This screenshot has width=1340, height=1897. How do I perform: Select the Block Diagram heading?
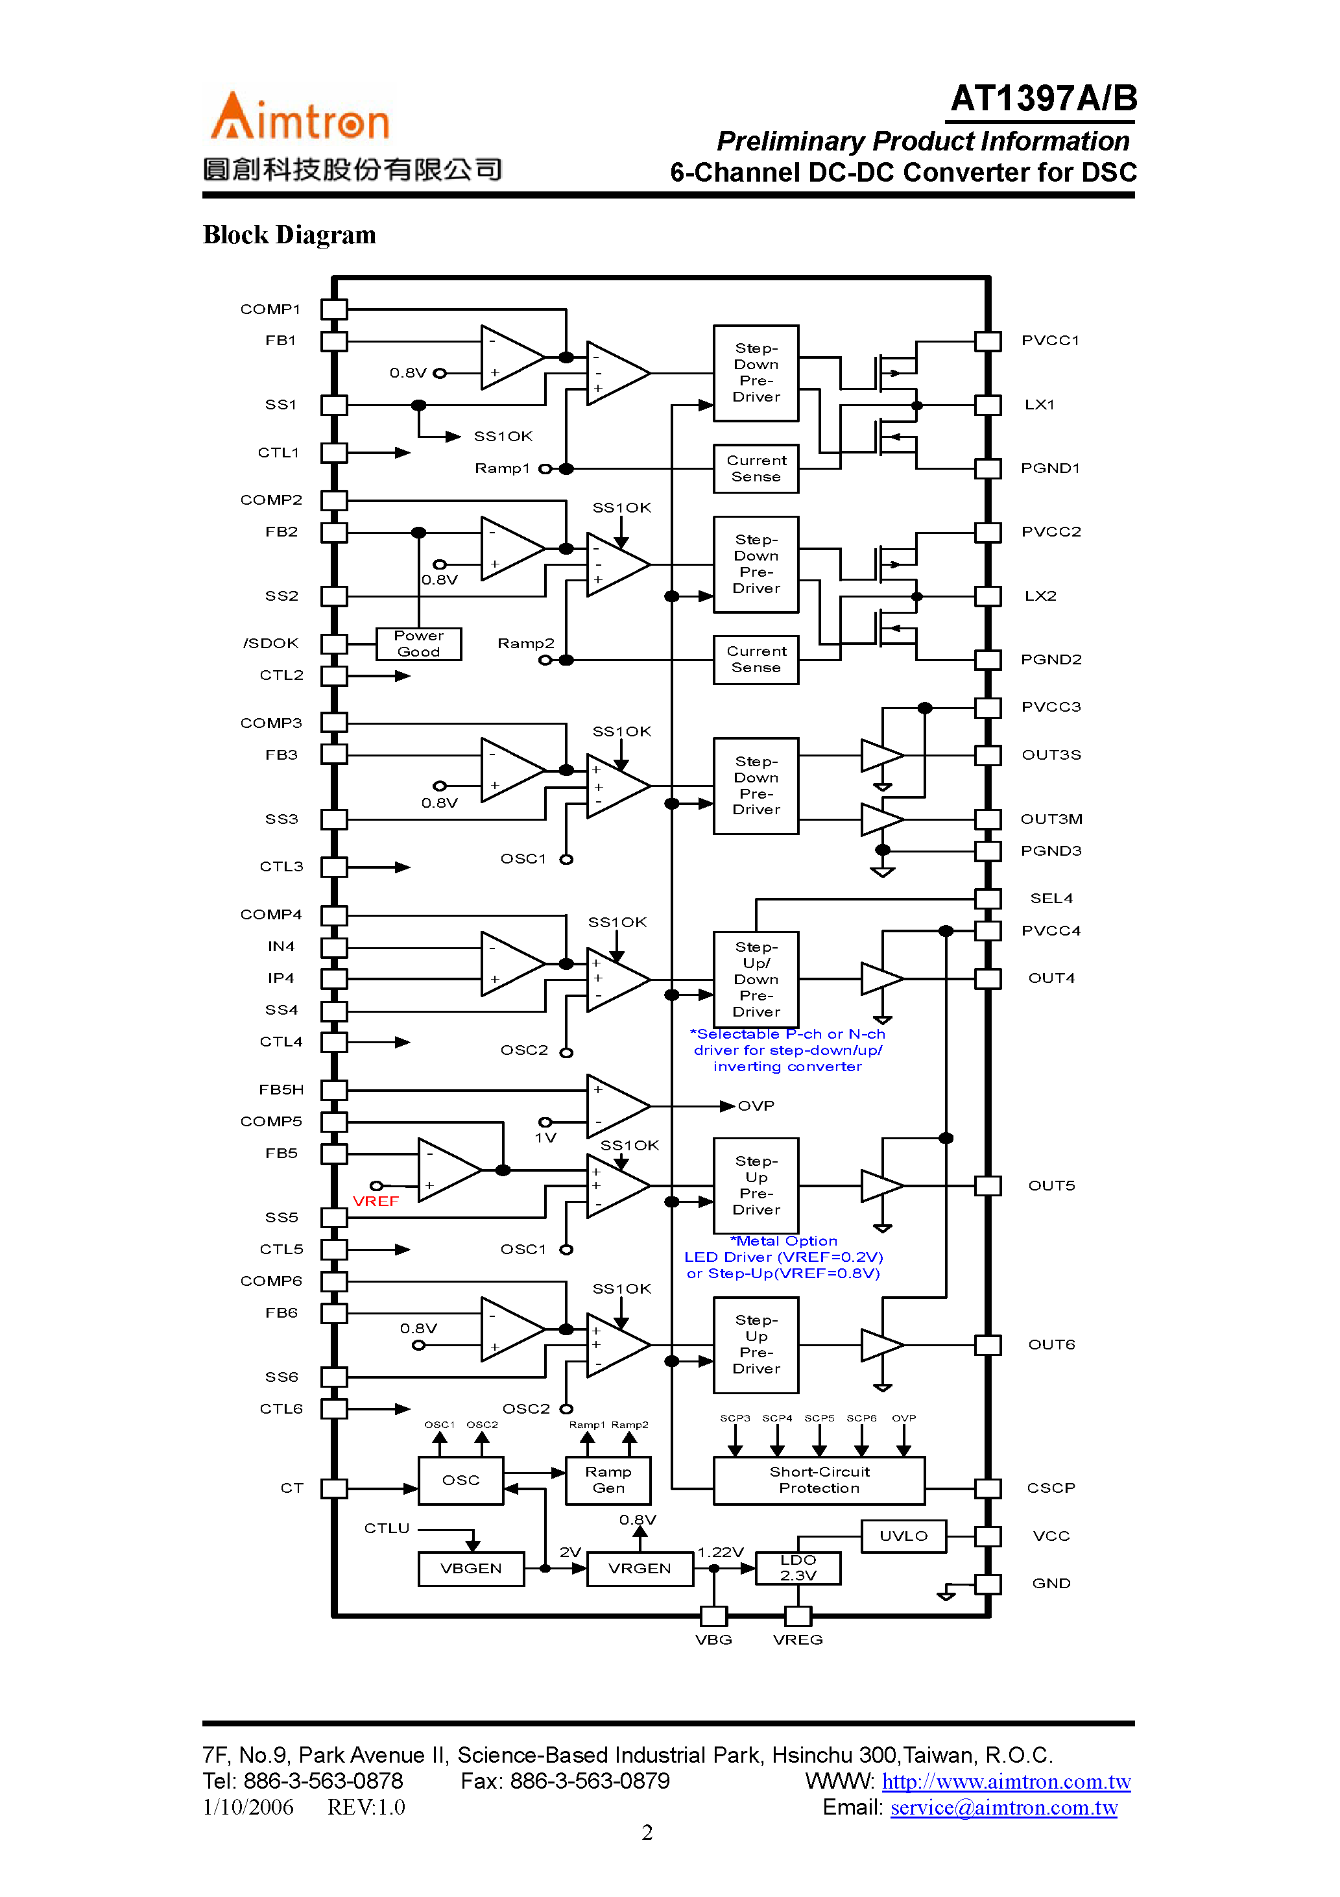click(289, 235)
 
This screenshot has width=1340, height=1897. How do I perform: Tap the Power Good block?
click(418, 644)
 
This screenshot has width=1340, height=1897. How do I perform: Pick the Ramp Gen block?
click(608, 1480)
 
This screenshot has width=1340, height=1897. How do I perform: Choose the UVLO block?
click(903, 1536)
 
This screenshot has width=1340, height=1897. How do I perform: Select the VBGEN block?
click(471, 1568)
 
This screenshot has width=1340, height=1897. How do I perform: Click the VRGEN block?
click(640, 1568)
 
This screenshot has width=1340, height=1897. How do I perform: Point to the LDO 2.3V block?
click(798, 1567)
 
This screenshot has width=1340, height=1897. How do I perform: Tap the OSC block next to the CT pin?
click(461, 1480)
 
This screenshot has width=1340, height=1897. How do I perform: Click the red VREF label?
click(376, 1202)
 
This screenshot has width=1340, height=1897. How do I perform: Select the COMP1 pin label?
click(270, 309)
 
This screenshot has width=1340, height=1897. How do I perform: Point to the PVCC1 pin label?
click(1050, 341)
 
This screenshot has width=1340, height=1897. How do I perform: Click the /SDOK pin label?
click(271, 644)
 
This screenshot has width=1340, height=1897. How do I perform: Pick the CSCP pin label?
click(1051, 1488)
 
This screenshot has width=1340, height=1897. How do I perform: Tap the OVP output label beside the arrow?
click(756, 1106)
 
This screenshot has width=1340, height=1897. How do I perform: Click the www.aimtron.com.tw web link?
click(1005, 1782)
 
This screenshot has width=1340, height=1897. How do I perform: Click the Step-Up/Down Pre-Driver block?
click(756, 979)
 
